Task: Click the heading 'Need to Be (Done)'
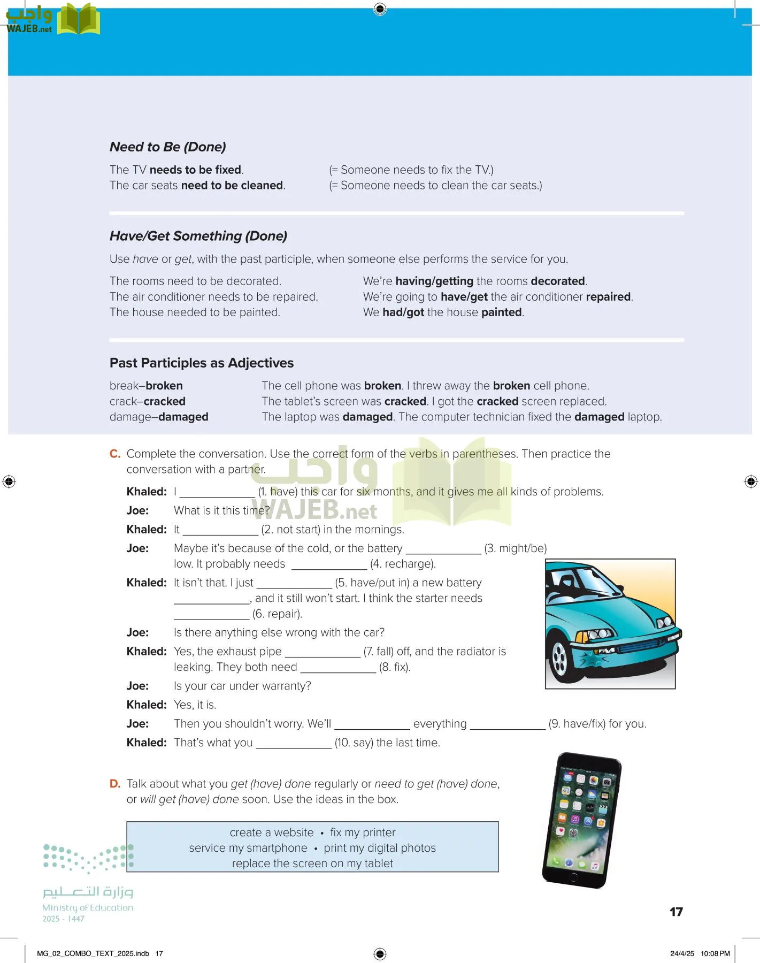167,147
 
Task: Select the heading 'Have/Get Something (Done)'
198,236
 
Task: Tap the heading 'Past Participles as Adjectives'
201,363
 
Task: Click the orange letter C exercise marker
114,454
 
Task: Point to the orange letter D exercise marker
114,784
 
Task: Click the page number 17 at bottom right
676,912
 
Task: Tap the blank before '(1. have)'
217,492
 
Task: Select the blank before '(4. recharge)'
327,564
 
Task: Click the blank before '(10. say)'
293,743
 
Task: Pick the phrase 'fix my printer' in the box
363,832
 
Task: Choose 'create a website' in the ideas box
272,832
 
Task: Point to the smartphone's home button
573,876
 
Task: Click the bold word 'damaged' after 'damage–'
183,417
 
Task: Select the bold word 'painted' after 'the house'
501,312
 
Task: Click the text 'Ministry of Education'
88,907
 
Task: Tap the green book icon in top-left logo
78,19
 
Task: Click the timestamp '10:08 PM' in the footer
715,953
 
